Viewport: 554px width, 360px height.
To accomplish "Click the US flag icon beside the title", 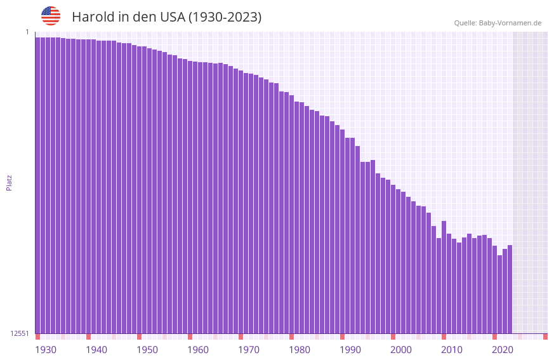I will (x=51, y=16).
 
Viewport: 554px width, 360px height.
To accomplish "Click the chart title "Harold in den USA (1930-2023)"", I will (x=166, y=17).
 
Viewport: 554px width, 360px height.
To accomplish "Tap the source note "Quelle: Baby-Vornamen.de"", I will (x=498, y=23).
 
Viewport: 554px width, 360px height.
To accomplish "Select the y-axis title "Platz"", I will (x=9, y=182).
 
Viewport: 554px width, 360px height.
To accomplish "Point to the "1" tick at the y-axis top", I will (x=27, y=32).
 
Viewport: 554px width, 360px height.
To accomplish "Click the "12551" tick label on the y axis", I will (x=20, y=333).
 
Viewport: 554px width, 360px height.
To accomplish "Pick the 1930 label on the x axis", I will (x=46, y=350).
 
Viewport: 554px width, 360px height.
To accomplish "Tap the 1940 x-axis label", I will (x=96, y=350).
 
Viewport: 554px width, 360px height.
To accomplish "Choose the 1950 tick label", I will (x=147, y=350).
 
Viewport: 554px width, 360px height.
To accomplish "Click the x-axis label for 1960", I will (x=198, y=350).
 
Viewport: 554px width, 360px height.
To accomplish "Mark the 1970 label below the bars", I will (x=249, y=350).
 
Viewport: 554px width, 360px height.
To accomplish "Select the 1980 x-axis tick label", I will (x=300, y=350).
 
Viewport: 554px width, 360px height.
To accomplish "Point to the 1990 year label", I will (x=350, y=350).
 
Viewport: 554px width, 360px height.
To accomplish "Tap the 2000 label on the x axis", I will (x=401, y=350).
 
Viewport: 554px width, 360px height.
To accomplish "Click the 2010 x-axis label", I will (x=452, y=350).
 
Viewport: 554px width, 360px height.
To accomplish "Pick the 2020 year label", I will (x=503, y=350).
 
